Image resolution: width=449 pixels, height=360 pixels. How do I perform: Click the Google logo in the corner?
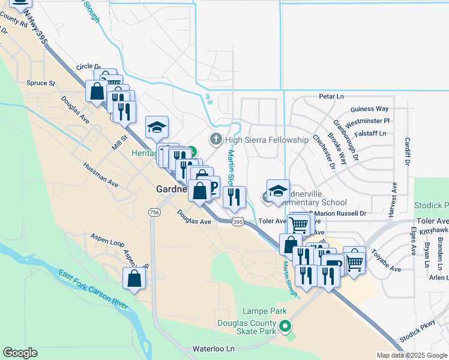click(x=20, y=353)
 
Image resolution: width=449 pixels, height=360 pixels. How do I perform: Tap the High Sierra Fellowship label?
click(x=267, y=140)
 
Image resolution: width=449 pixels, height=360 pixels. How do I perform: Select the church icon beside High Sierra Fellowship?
click(x=216, y=140)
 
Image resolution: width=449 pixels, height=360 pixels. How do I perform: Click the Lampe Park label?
click(x=265, y=311)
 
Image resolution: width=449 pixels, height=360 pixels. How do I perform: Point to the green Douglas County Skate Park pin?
click(x=286, y=327)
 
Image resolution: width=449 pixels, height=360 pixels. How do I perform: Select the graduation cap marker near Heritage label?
click(x=157, y=127)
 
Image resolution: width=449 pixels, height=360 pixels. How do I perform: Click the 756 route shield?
click(x=155, y=213)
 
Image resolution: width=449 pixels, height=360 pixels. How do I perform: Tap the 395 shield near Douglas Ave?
click(x=238, y=222)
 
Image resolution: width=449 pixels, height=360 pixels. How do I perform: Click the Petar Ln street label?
click(x=331, y=96)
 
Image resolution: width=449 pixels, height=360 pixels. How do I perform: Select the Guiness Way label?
click(x=369, y=109)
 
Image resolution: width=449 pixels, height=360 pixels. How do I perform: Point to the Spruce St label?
click(x=40, y=83)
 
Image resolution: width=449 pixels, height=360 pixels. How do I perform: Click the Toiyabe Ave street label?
click(x=385, y=260)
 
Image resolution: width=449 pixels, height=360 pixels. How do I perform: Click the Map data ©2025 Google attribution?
click(x=411, y=355)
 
